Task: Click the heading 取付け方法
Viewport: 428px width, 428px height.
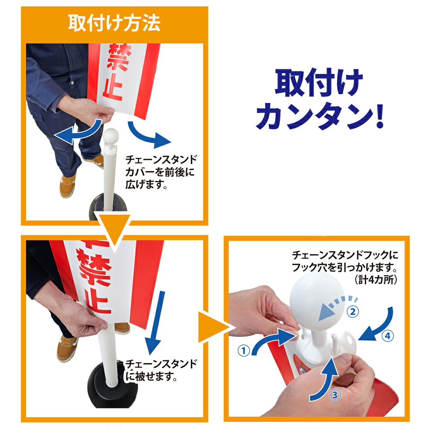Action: pyautogui.click(x=114, y=23)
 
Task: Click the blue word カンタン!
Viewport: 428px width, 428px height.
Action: pyautogui.click(x=320, y=116)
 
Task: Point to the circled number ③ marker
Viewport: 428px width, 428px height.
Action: pyautogui.click(x=335, y=395)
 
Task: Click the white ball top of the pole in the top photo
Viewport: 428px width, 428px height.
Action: pyautogui.click(x=110, y=137)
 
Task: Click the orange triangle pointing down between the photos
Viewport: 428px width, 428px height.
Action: pyautogui.click(x=114, y=229)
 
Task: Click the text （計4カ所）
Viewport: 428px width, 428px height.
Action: pyautogui.click(x=376, y=280)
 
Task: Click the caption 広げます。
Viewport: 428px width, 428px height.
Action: pyautogui.click(x=146, y=184)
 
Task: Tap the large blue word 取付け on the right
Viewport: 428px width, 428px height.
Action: pyautogui.click(x=318, y=83)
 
